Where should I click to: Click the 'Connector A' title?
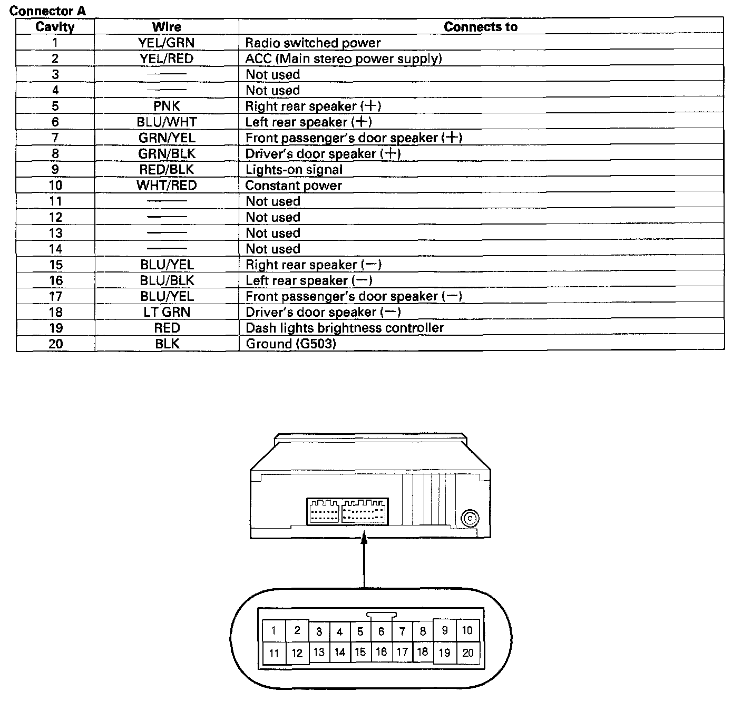(47, 11)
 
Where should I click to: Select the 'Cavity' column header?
(55, 27)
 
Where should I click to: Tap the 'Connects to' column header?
(481, 27)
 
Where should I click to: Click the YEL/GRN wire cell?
(167, 43)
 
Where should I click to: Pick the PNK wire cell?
(167, 106)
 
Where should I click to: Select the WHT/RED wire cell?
(167, 186)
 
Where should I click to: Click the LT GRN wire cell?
(167, 312)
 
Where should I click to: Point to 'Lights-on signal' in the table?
(294, 170)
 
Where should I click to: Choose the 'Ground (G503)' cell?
(291, 344)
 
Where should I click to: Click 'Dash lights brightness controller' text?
(345, 328)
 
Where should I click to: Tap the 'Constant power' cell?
(294, 186)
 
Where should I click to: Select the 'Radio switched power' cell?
(313, 43)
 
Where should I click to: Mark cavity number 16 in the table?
(55, 280)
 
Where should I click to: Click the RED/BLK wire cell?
(167, 170)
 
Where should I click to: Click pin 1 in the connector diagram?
(274, 630)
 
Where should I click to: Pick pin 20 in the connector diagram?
(468, 653)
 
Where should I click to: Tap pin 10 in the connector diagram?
(467, 630)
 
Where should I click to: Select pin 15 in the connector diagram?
(360, 652)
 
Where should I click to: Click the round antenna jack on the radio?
(468, 519)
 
